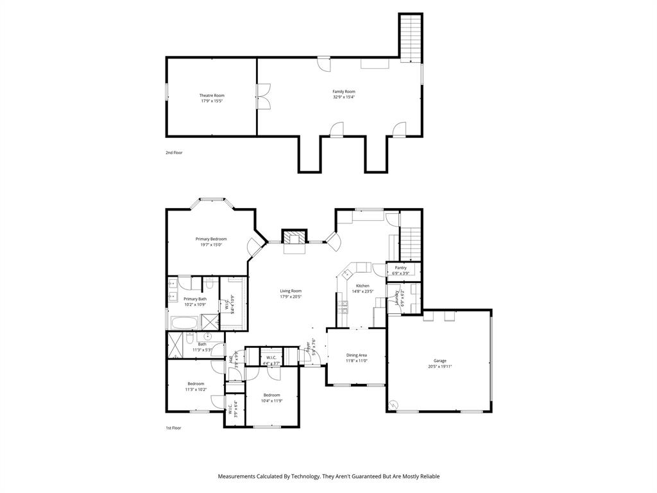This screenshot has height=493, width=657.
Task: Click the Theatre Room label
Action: pos(212,95)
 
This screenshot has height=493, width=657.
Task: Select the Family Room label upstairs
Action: pos(344,92)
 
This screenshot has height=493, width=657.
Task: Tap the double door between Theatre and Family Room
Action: pos(262,96)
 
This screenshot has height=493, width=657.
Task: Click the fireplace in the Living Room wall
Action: pos(296,238)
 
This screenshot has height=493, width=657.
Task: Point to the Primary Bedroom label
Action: pos(211,239)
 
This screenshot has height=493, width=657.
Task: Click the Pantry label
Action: pos(400,268)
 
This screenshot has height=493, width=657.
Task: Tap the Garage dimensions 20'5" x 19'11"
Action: pos(440,367)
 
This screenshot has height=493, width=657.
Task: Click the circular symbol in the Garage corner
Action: pos(393,404)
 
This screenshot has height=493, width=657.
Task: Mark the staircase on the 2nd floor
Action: pos(410,37)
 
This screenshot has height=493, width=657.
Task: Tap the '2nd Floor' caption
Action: pos(173,153)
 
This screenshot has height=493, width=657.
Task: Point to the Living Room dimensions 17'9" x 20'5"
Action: pos(291,297)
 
